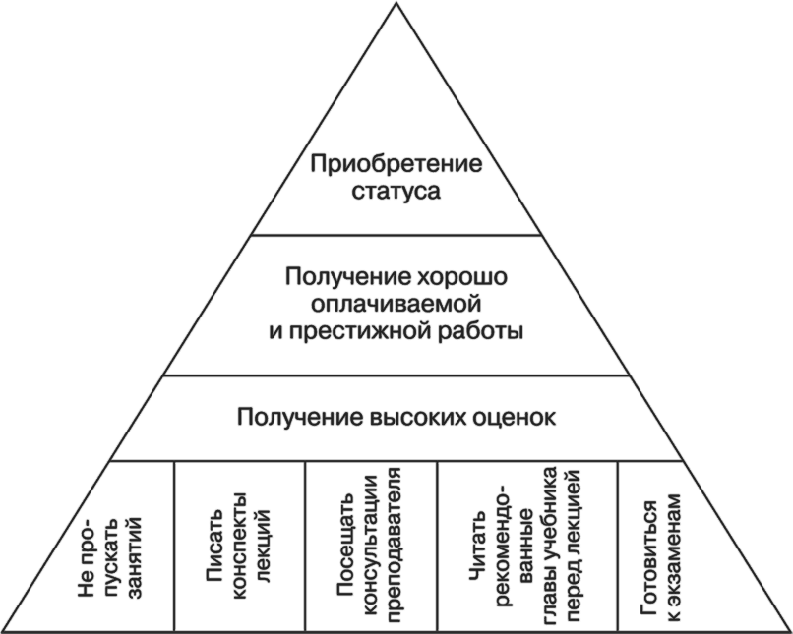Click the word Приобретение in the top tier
(x=396, y=163)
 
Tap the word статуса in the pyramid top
(x=396, y=191)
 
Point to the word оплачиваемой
(x=396, y=305)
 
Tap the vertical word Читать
(x=478, y=568)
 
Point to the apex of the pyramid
(x=396, y=3)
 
